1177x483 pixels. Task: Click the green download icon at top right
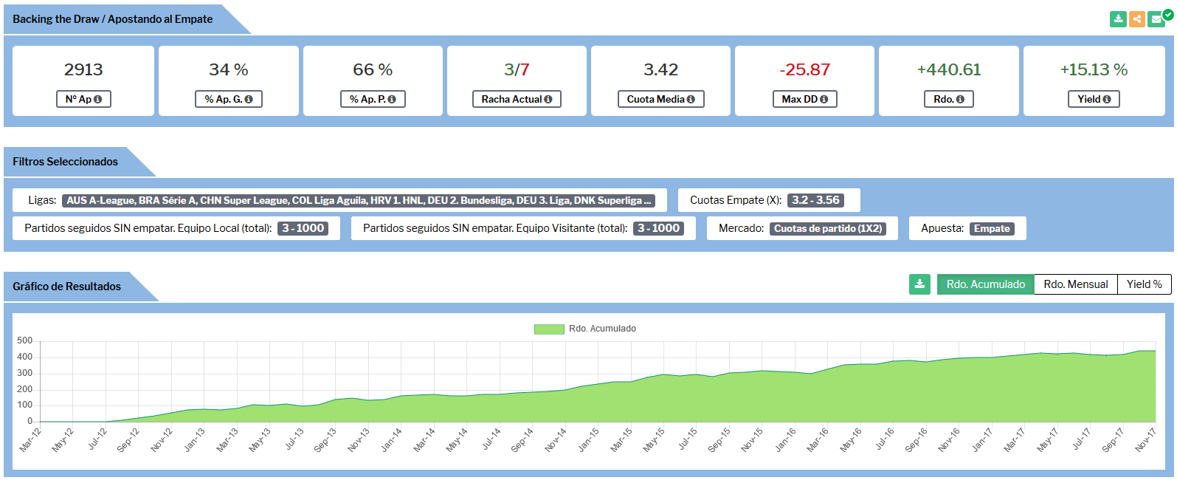click(x=1118, y=19)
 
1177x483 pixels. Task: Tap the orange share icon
click(x=1137, y=19)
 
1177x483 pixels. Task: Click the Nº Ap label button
click(x=83, y=99)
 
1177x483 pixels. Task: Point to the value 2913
click(x=83, y=69)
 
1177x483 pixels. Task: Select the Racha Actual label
click(x=517, y=99)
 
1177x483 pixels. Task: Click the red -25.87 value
click(x=804, y=69)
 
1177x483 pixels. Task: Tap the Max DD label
click(x=804, y=99)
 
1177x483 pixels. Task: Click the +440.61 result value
click(x=949, y=69)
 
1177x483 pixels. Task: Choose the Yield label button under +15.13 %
click(x=1094, y=99)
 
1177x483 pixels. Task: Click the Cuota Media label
click(x=660, y=99)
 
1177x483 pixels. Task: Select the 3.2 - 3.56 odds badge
click(x=815, y=200)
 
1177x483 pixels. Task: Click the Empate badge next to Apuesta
click(x=992, y=228)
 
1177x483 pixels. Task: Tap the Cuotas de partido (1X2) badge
click(x=828, y=228)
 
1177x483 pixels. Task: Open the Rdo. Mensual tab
click(x=1076, y=284)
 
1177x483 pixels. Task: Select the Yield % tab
click(x=1145, y=284)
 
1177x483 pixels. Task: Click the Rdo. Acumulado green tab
click(x=986, y=284)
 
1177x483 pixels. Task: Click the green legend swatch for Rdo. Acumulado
click(x=549, y=329)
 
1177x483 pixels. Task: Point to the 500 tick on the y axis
click(x=24, y=340)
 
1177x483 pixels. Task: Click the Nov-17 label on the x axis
click(x=1145, y=439)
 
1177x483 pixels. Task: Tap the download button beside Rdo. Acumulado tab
click(x=919, y=284)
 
